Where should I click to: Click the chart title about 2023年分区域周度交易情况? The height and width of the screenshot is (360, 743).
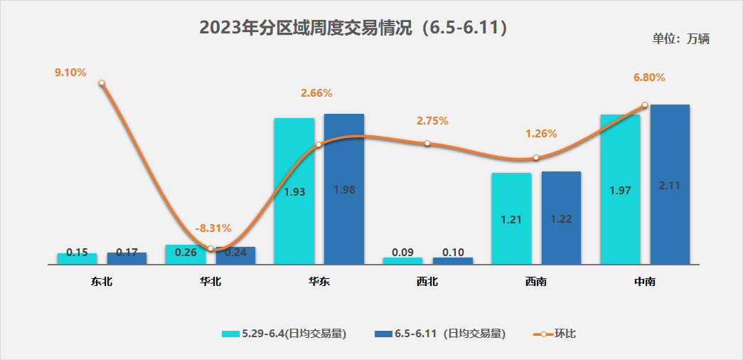[x=353, y=28]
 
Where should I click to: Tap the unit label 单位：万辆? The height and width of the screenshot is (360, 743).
[x=680, y=38]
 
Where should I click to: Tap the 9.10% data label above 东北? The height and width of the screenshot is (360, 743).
[x=70, y=72]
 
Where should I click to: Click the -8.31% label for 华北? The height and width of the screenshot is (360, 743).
[x=213, y=228]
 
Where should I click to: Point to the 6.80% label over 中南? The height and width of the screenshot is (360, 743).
[x=649, y=78]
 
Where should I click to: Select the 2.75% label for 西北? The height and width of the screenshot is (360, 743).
[x=432, y=121]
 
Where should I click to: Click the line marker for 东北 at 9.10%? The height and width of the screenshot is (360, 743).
[x=102, y=83]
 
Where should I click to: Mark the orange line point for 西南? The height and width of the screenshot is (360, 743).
[x=536, y=158]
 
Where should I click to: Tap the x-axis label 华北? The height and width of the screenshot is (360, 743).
[x=210, y=282]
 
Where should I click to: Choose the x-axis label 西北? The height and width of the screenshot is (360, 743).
[x=427, y=282]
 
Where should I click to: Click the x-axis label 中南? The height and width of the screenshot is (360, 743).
[x=645, y=282]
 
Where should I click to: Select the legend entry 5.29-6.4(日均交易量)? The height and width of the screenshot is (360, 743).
[x=284, y=334]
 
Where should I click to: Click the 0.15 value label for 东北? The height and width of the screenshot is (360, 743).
[x=77, y=253]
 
